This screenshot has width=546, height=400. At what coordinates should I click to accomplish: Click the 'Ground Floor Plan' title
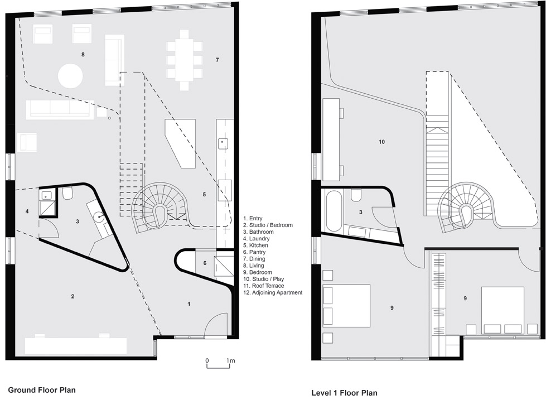pyautogui.click(x=42, y=389)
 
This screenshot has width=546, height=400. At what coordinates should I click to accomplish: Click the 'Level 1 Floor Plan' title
pyautogui.click(x=344, y=393)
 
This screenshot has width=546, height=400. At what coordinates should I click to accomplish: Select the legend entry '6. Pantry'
pyautogui.click(x=254, y=252)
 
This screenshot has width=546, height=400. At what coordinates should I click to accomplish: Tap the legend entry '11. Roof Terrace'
pyautogui.click(x=264, y=286)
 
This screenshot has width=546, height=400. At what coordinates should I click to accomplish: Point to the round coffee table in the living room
pyautogui.click(x=70, y=76)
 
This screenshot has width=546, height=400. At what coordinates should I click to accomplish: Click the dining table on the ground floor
pyautogui.click(x=185, y=60)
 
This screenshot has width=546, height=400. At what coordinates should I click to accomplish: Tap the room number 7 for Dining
pyautogui.click(x=218, y=60)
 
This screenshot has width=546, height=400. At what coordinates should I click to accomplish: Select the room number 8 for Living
pyautogui.click(x=83, y=54)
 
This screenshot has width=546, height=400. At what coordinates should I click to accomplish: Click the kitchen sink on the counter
pyautogui.click(x=223, y=142)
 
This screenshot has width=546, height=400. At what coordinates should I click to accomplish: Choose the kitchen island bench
pyautogui.click(x=180, y=143)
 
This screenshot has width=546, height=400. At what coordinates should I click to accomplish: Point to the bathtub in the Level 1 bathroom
pyautogui.click(x=334, y=211)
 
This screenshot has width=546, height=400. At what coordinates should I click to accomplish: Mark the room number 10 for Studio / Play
pyautogui.click(x=381, y=142)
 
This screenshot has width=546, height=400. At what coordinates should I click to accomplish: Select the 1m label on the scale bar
pyautogui.click(x=230, y=360)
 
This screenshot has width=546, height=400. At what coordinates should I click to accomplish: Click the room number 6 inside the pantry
pyautogui.click(x=205, y=263)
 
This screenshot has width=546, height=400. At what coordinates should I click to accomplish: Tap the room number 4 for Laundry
pyautogui.click(x=27, y=211)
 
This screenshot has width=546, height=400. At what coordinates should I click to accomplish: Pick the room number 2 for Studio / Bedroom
pyautogui.click(x=73, y=297)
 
